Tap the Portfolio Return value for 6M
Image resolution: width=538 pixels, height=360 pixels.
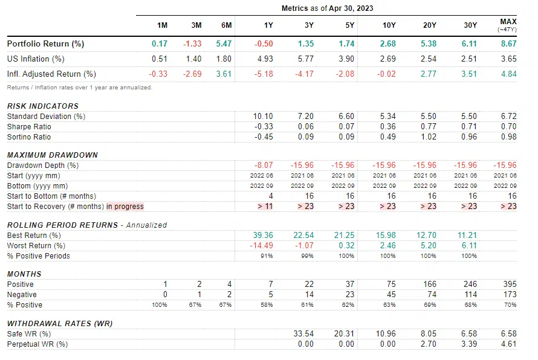tap(224, 44)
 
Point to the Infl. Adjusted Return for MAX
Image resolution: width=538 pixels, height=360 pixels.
tap(508, 74)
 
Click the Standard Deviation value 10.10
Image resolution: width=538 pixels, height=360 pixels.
tap(264, 116)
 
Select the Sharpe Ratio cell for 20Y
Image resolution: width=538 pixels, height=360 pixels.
tap(427, 127)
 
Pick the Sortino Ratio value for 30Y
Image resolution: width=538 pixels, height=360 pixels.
tap(468, 137)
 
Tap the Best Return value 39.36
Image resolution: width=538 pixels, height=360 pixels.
tap(264, 235)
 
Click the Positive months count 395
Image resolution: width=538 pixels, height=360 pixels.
tap(510, 284)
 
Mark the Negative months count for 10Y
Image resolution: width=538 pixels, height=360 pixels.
tap(389, 295)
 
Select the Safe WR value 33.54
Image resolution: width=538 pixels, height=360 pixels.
tap(305, 333)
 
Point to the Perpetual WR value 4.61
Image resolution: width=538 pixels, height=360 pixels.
tap(509, 344)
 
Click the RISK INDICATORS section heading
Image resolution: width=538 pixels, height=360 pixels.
tap(43, 106)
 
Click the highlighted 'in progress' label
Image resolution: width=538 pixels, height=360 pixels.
tap(125, 207)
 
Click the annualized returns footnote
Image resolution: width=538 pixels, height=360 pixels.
tap(79, 88)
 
